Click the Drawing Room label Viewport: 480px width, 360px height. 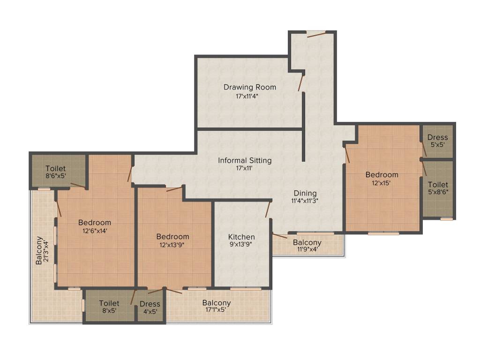pyautogui.click(x=249, y=87)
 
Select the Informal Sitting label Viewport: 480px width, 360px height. pyautogui.click(x=245, y=160)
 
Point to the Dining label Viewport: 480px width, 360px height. pyautogui.click(x=305, y=193)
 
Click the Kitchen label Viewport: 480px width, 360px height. pyautogui.click(x=241, y=237)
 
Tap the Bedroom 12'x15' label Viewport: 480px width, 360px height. pyautogui.click(x=382, y=175)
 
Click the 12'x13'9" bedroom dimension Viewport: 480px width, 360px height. pyautogui.click(x=172, y=245)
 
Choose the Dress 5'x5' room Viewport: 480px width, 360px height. pyautogui.click(x=437, y=141)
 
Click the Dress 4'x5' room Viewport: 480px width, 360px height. pyautogui.click(x=150, y=307)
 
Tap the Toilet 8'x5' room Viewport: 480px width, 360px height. pyautogui.click(x=109, y=307)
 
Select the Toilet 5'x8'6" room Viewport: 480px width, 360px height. pyautogui.click(x=438, y=188)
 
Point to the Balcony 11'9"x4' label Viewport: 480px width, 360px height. pyautogui.click(x=307, y=246)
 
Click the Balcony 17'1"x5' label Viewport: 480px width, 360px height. pyautogui.click(x=217, y=306)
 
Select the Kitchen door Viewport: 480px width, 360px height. pyautogui.click(x=268, y=209)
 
